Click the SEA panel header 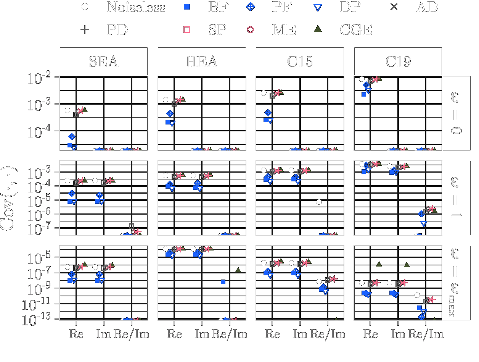tap(103, 61)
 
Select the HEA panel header tap(202, 61)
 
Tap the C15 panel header tap(300, 61)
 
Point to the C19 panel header tap(398, 61)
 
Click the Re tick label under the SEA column tap(76, 334)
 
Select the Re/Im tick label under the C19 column tap(426, 334)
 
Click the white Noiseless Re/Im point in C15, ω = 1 tap(319, 202)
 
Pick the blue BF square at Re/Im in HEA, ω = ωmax tap(223, 282)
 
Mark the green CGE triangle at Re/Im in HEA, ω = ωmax tap(238, 270)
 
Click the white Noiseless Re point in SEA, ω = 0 tap(68, 110)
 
